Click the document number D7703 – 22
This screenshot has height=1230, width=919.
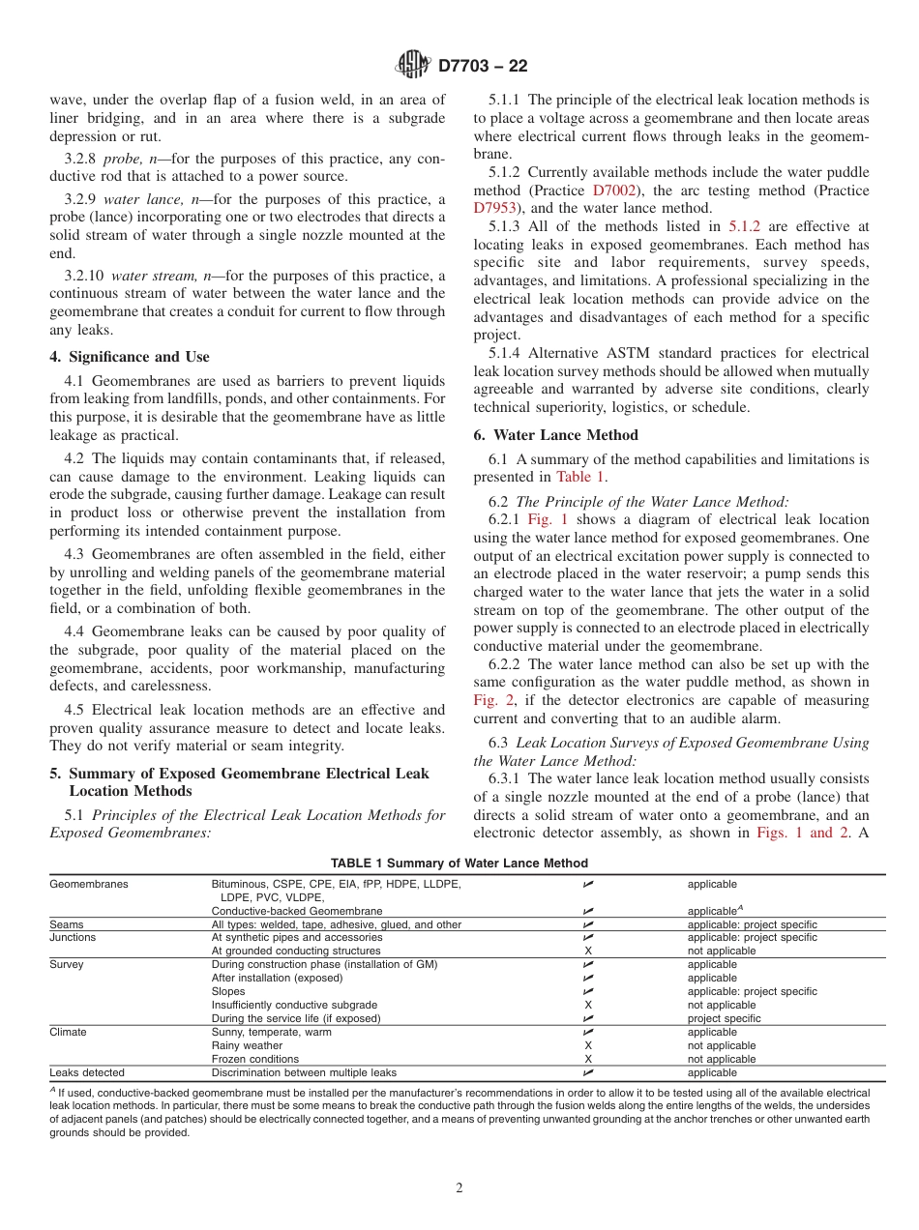pyautogui.click(x=484, y=67)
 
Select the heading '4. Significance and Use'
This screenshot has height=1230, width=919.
pyautogui.click(x=130, y=357)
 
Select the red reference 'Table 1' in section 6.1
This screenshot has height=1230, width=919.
pyautogui.click(x=581, y=477)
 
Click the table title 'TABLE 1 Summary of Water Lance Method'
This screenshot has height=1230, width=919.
pyautogui.click(x=459, y=864)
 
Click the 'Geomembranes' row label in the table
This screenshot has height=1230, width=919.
pyautogui.click(x=89, y=884)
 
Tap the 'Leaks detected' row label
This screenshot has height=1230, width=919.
pyautogui.click(x=87, y=1073)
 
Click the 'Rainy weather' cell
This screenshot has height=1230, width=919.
pyautogui.click(x=248, y=1046)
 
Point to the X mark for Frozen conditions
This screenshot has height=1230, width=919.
pyautogui.click(x=588, y=1060)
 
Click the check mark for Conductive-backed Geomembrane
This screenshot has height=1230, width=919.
pyautogui.click(x=588, y=911)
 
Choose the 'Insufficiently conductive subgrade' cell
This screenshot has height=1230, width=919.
pyautogui.click(x=294, y=1006)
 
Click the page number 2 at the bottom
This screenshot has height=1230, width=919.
pyautogui.click(x=459, y=1188)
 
